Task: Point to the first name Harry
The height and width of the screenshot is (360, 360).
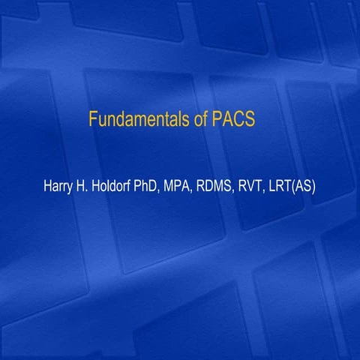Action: (x=59, y=184)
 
